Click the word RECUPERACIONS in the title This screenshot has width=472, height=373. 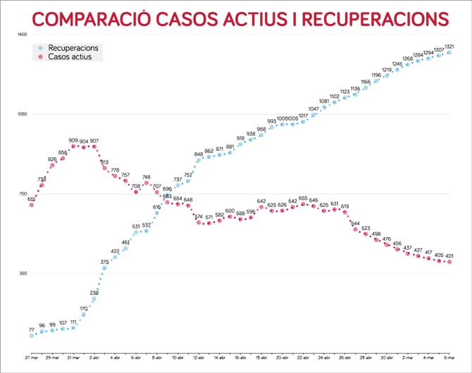click(374, 19)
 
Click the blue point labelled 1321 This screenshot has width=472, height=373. click(449, 52)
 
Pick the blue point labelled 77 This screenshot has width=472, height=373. click(32, 336)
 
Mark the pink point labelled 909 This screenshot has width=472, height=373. click(73, 147)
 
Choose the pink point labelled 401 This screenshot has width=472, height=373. click(449, 262)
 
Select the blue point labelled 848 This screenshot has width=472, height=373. click(199, 160)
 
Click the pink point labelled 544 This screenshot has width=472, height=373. click(356, 229)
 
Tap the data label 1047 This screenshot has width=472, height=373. click(313, 109)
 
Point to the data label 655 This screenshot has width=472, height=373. click(304, 198)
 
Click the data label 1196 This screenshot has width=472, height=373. click(376, 75)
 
